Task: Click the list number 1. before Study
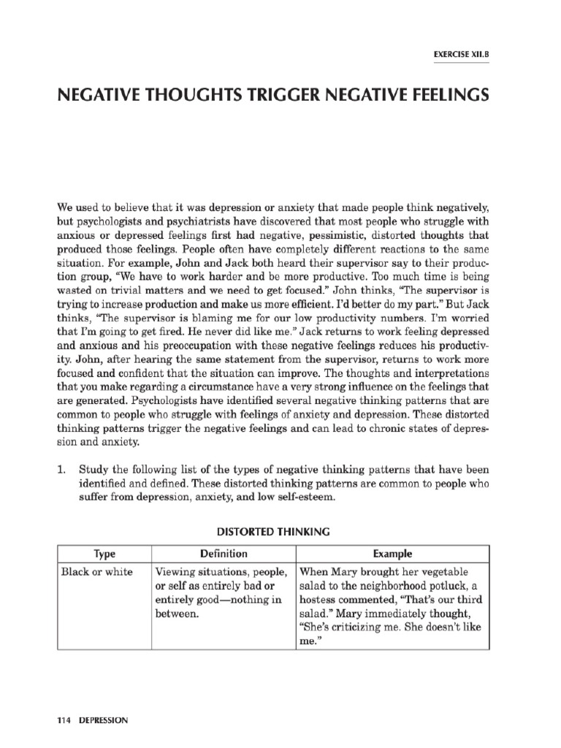[63, 469]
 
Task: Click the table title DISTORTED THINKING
[279, 532]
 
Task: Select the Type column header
[104, 554]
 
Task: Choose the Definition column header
[224, 554]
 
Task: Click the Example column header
[392, 554]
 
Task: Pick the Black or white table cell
[97, 572]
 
